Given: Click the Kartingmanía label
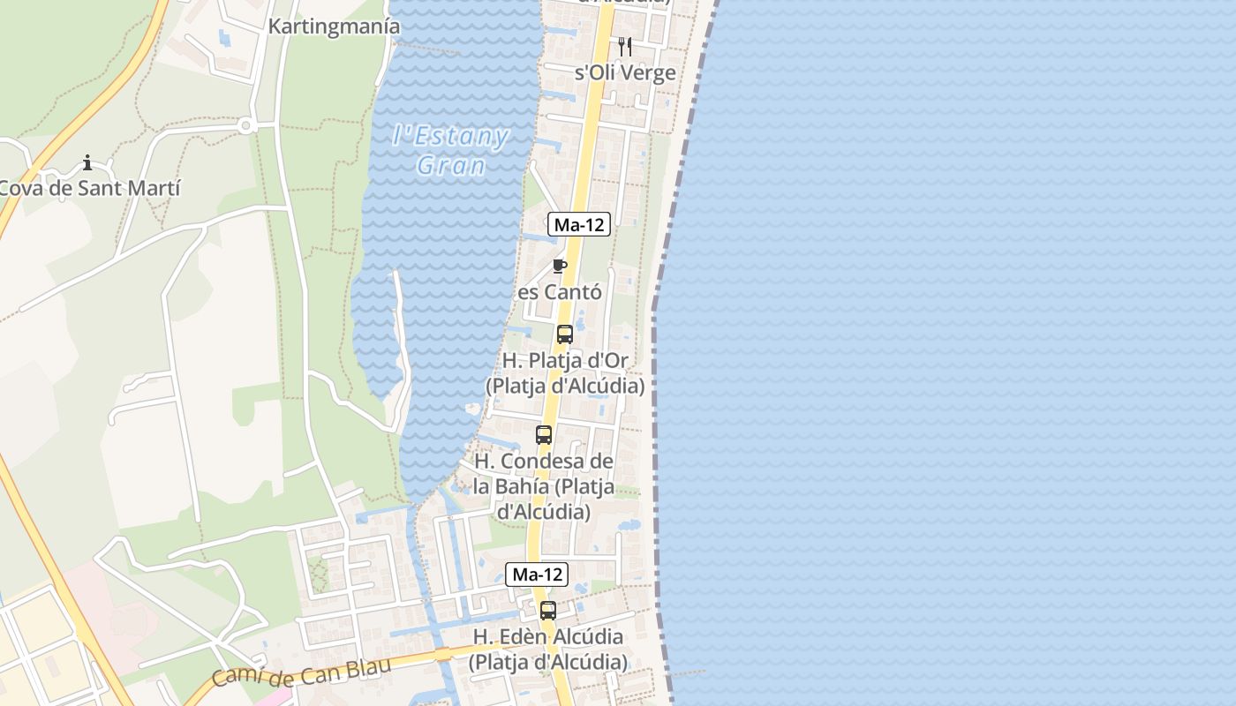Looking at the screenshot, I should (334, 26).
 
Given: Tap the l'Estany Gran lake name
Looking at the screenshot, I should (451, 151).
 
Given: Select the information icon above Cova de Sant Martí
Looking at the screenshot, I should (87, 162).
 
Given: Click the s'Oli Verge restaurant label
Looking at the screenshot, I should (625, 73).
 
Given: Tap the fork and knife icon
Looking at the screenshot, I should (624, 46).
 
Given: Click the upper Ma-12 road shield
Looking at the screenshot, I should (579, 224).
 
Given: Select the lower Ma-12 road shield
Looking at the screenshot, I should (537, 575).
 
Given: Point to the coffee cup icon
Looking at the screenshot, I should (559, 266).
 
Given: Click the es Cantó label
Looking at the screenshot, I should (560, 292).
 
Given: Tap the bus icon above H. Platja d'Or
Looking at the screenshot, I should (565, 334).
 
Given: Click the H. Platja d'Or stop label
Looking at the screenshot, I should (565, 373).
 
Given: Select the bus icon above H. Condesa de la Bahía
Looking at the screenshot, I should (544, 435).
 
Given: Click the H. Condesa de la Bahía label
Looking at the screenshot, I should (544, 486).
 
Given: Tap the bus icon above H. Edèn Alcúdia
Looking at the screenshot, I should (548, 610).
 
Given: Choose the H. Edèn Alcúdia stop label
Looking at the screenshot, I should (548, 649).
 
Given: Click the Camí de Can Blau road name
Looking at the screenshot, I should (300, 673).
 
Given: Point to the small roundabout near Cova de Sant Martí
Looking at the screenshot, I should (246, 126).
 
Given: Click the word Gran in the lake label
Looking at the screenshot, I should (451, 166).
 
